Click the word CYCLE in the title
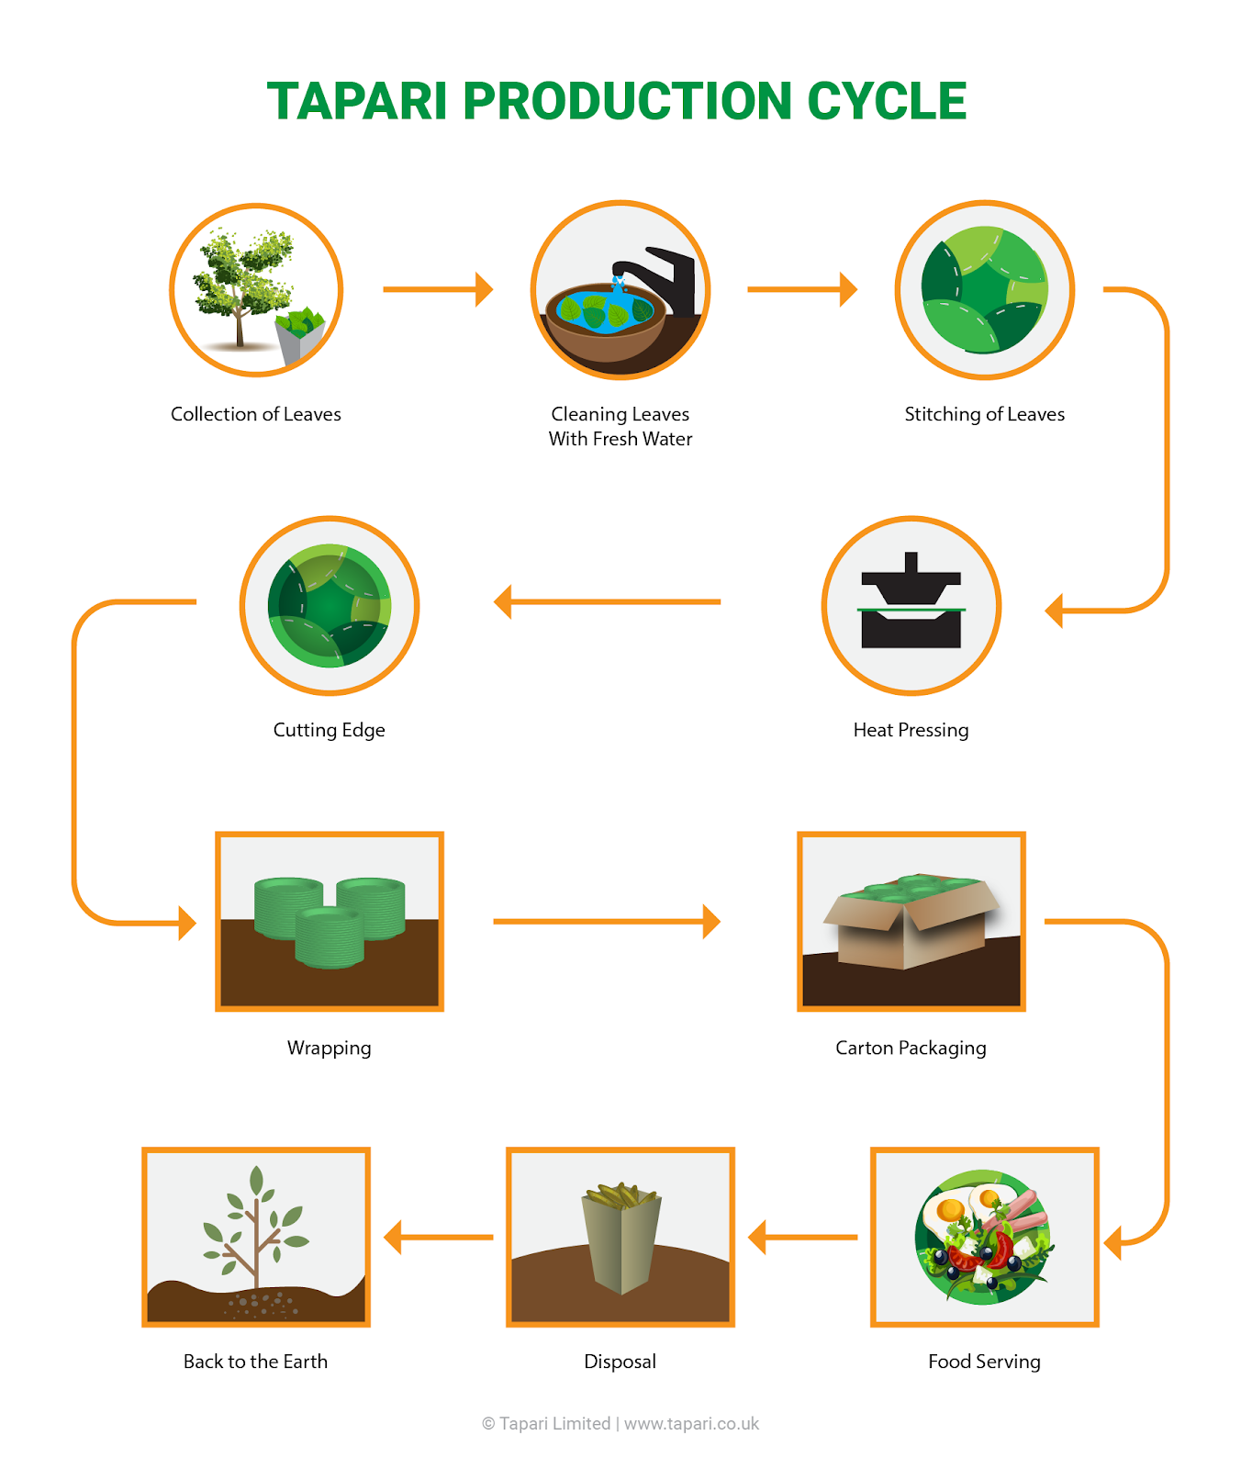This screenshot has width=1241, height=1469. tap(887, 101)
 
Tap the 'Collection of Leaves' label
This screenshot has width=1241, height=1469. tap(255, 414)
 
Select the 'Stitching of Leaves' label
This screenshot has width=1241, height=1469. tap(984, 414)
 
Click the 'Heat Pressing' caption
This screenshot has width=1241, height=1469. tap(911, 730)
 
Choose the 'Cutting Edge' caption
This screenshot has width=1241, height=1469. tap(329, 730)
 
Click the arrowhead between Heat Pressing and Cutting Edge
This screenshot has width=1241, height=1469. tap(502, 602)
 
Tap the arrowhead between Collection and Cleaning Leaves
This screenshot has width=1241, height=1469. tap(484, 289)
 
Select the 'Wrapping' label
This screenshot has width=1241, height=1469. tap(329, 1048)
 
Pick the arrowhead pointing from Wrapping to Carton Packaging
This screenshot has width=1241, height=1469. tap(711, 921)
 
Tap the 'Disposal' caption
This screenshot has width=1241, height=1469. tap(620, 1362)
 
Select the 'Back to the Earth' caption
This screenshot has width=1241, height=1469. tap(255, 1362)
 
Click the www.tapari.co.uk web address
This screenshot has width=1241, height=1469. tap(692, 1424)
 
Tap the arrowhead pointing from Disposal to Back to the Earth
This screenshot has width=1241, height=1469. tap(393, 1237)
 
